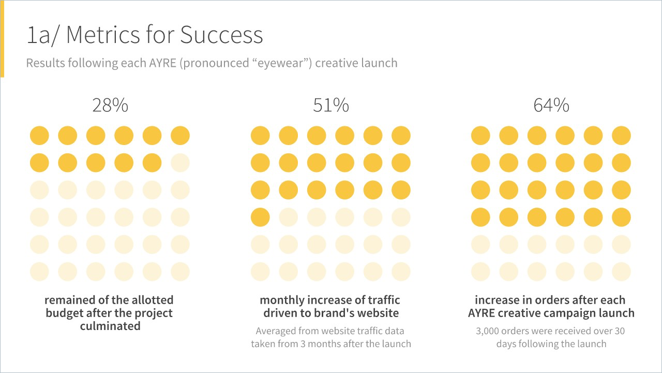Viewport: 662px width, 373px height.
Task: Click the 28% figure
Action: [x=110, y=105]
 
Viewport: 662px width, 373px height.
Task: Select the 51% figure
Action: [x=331, y=105]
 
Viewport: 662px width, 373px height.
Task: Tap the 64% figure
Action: [x=551, y=105]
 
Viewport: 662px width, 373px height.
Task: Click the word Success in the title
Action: [x=221, y=35]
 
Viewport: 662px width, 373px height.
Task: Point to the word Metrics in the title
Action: [x=103, y=35]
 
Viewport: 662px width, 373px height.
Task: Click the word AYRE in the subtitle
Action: [x=162, y=63]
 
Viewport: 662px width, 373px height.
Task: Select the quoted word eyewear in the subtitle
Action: [x=280, y=63]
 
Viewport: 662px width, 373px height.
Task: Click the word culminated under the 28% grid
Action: [x=110, y=326]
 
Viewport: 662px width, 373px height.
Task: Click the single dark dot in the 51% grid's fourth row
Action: [x=260, y=217]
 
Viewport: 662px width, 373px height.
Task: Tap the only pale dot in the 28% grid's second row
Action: [x=180, y=163]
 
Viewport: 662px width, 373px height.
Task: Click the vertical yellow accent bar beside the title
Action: [x=2, y=38]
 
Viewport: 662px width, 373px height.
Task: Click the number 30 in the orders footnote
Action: [x=619, y=331]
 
